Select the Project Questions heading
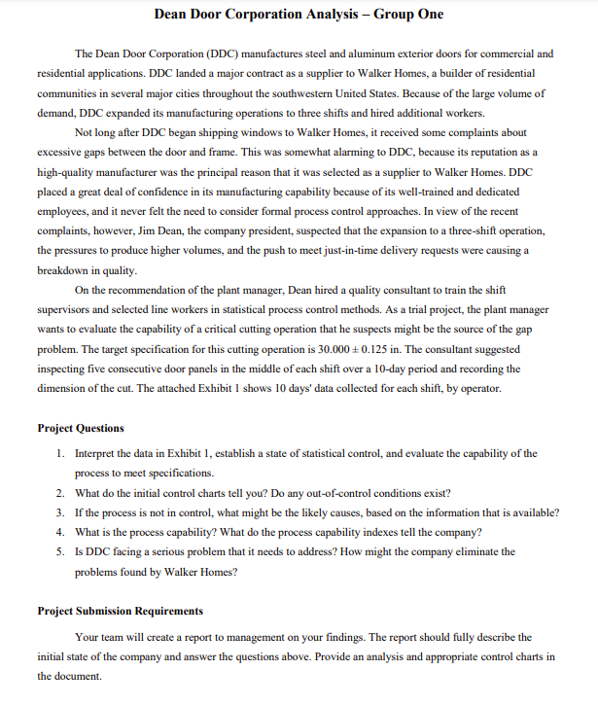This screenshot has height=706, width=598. [81, 428]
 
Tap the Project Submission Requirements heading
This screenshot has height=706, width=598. [120, 611]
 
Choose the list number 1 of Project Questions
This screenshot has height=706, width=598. [60, 454]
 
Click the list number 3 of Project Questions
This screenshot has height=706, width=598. [60, 512]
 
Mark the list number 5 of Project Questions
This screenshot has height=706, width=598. [60, 551]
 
